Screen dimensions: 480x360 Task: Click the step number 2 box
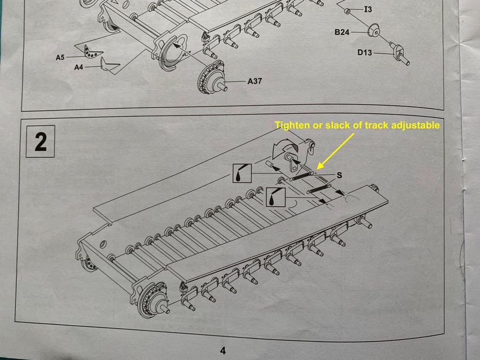click(40, 142)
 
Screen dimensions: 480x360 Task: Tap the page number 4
click(223, 350)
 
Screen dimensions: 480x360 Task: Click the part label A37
click(255, 81)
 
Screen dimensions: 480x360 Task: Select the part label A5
click(60, 57)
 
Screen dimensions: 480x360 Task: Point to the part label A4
click(79, 67)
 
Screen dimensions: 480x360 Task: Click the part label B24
click(342, 32)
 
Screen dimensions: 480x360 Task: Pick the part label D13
click(365, 53)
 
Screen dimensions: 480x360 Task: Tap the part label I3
click(368, 10)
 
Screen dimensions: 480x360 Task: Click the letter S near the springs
click(339, 175)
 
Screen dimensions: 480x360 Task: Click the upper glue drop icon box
click(242, 173)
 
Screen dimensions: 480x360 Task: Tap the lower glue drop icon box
click(276, 197)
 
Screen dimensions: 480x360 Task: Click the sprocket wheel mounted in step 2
click(153, 300)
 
